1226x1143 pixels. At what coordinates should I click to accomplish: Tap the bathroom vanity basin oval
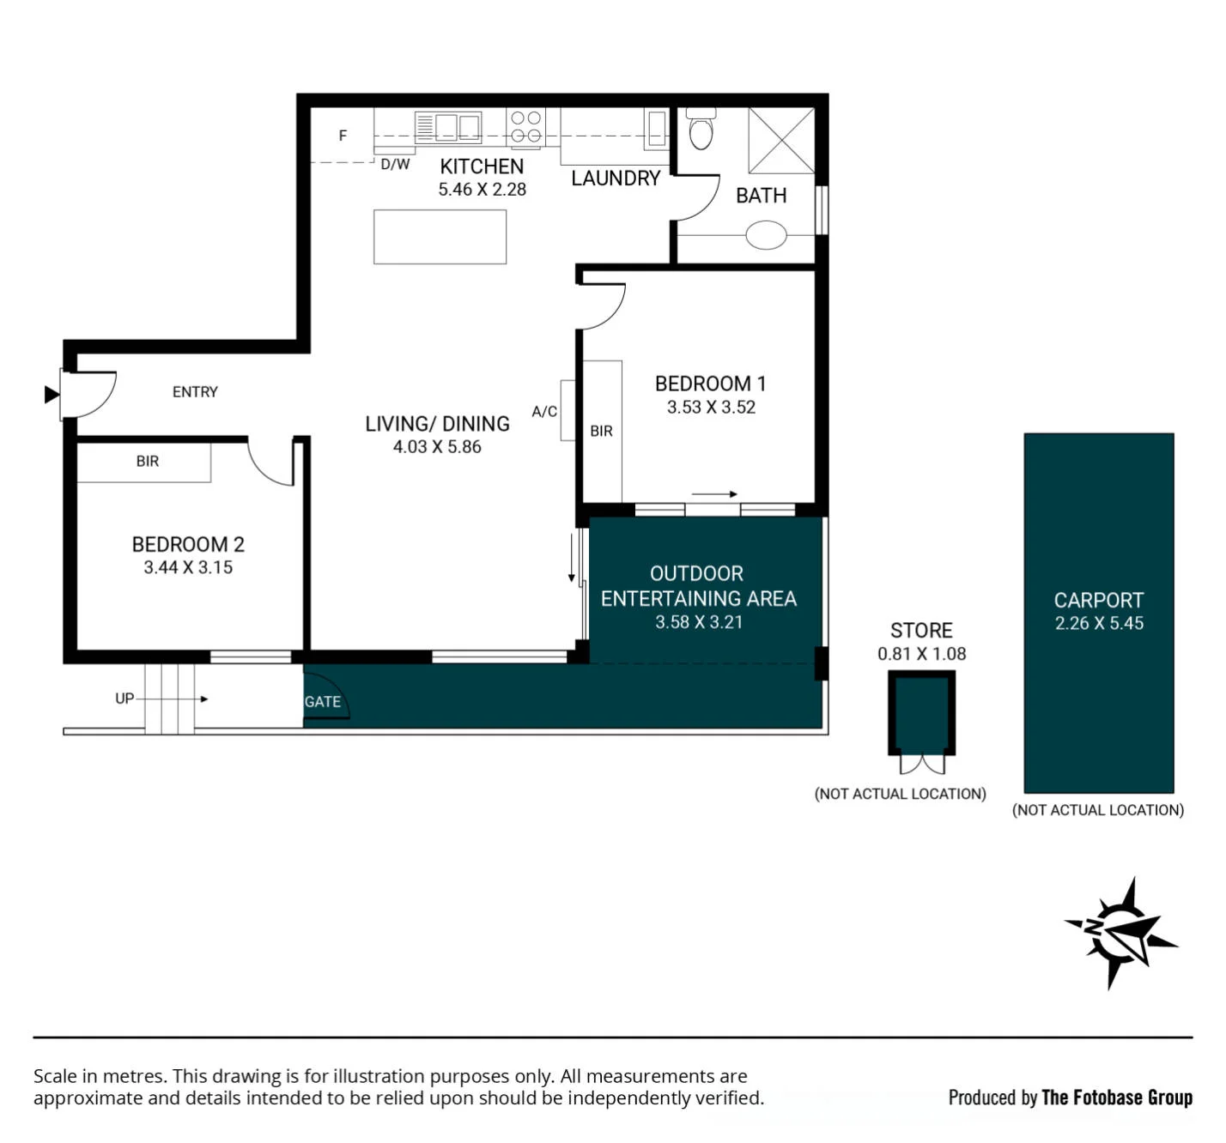click(766, 235)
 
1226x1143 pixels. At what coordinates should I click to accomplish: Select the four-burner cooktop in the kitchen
click(525, 126)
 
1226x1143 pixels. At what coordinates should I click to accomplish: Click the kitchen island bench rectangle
click(440, 237)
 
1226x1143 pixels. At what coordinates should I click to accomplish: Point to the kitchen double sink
click(447, 127)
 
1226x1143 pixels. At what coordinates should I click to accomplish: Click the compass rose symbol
click(1120, 932)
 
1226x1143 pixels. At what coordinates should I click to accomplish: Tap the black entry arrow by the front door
click(52, 395)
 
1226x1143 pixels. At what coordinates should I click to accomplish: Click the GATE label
click(322, 702)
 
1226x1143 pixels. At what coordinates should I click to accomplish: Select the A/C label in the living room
click(544, 412)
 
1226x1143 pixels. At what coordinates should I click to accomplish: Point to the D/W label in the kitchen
click(395, 164)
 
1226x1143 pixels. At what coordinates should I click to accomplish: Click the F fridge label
click(343, 136)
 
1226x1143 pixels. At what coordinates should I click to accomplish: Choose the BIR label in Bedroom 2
click(148, 461)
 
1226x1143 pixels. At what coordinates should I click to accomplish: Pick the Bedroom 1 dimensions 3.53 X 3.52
click(711, 408)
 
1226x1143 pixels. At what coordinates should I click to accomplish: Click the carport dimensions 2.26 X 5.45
click(1099, 623)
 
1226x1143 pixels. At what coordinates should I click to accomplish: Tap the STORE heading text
click(921, 630)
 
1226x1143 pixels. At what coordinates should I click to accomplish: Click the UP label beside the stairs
click(124, 698)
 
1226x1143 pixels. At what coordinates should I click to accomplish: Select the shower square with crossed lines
click(781, 141)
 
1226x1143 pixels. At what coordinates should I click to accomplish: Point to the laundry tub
click(656, 129)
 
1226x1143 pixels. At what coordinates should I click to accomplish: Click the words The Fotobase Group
click(1117, 1098)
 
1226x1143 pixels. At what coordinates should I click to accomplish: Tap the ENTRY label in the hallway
click(195, 392)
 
